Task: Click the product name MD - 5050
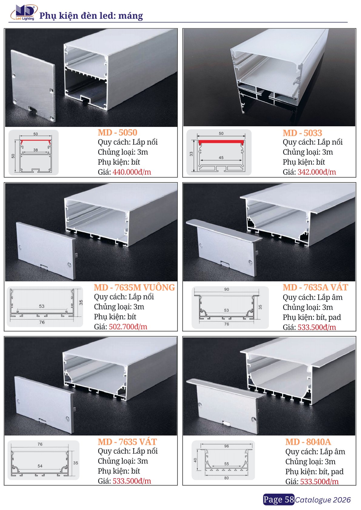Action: tap(117, 133)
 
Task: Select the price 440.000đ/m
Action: tap(132, 172)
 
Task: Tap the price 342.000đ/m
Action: tap(316, 172)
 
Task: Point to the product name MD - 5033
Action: tap(302, 133)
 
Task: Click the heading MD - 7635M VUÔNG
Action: tap(134, 287)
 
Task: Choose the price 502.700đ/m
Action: tap(128, 327)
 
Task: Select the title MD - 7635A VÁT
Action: tap(315, 287)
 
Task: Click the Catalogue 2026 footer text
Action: tap(323, 500)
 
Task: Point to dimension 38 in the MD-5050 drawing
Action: tap(35, 150)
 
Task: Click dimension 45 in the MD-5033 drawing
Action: tap(221, 157)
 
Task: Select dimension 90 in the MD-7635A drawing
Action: tap(226, 290)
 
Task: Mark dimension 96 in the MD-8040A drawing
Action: tap(226, 446)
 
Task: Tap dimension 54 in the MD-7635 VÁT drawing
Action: tap(40, 466)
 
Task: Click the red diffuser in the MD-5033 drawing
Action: tap(221, 142)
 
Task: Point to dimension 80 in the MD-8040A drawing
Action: tap(226, 478)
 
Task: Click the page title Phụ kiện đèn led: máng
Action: tap(91, 16)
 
